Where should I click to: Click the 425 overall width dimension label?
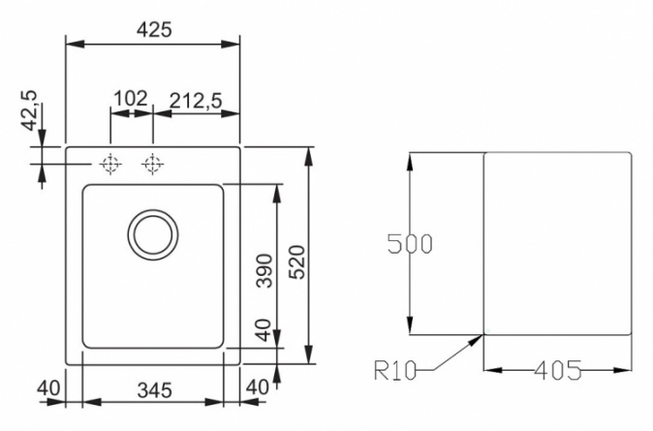tap(154, 30)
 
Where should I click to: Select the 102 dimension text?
tap(131, 99)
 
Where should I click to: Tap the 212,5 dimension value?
tap(196, 101)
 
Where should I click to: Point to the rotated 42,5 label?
tap(30, 110)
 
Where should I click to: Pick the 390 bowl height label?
tap(264, 270)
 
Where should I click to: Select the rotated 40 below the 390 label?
tap(264, 330)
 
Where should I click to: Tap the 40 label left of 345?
tap(48, 388)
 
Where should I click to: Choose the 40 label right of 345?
tap(258, 387)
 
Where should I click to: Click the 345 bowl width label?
tap(154, 390)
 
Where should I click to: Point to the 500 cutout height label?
tap(410, 244)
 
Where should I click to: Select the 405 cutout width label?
tap(558, 370)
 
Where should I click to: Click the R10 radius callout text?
tap(395, 370)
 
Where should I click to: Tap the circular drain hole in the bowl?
tap(153, 235)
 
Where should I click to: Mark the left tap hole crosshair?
tap(110, 164)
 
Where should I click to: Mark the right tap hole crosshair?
tap(152, 164)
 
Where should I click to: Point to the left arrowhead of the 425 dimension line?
tap(76, 44)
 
